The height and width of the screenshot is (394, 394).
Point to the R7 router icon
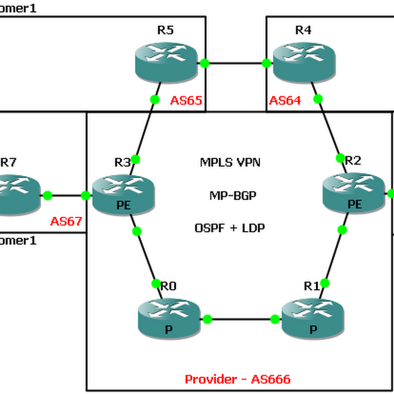(x=15, y=195)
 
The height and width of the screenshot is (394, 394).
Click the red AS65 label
(x=186, y=101)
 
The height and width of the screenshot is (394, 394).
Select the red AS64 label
(x=285, y=101)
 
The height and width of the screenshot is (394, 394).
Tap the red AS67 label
(x=66, y=221)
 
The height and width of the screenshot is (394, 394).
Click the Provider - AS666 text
(x=237, y=379)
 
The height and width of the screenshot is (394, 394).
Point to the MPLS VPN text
(x=230, y=163)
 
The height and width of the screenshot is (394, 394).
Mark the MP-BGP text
(x=230, y=195)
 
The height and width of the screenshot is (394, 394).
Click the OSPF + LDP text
(x=230, y=228)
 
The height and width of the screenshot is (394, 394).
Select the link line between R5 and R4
(x=235, y=63)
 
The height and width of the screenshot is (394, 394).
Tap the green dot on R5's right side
(x=204, y=63)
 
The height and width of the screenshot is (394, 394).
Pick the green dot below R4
(x=318, y=98)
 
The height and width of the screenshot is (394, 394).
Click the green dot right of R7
(x=48, y=196)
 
